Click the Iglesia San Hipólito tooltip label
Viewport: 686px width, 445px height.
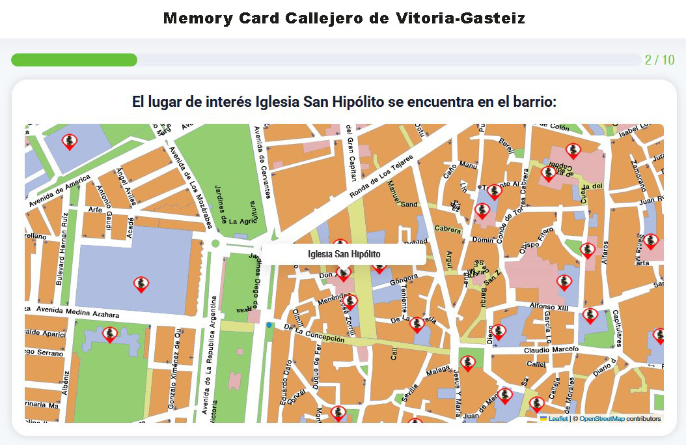point(344,254)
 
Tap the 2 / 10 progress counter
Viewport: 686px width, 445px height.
point(659,60)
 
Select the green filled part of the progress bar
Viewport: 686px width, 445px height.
point(74,60)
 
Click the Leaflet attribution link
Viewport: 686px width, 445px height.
point(558,419)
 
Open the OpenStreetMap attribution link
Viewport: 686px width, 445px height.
point(601,419)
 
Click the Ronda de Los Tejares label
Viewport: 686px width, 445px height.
point(382,177)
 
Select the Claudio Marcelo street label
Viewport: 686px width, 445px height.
point(551,350)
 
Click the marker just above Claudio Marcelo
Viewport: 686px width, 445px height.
point(498,332)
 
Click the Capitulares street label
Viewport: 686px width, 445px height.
point(616,329)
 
